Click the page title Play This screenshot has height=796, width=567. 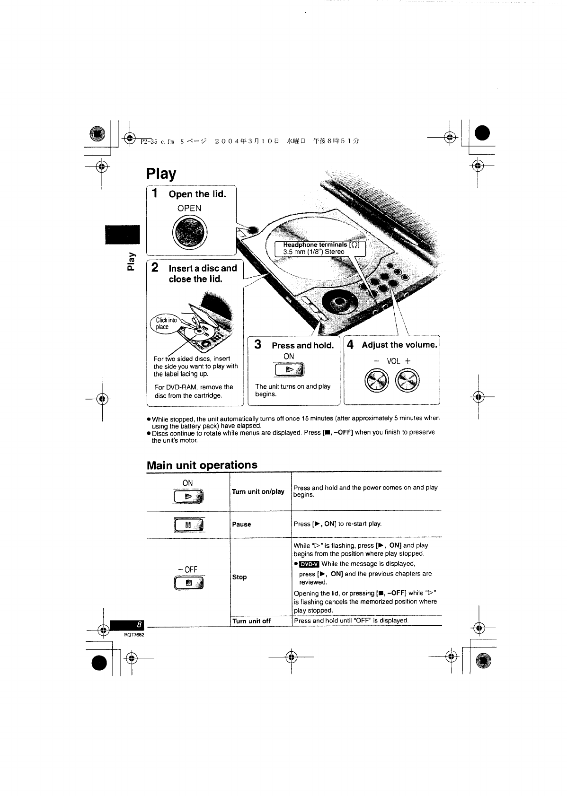coord(161,174)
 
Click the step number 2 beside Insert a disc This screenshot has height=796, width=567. coord(155,268)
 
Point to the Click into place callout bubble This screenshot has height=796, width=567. coord(164,324)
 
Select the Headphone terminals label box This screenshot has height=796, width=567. coord(321,248)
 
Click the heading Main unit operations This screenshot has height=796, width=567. coord(202,465)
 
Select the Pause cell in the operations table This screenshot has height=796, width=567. coord(241,524)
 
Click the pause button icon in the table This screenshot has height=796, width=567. coord(189,525)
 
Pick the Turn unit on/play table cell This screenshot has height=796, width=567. coord(258,491)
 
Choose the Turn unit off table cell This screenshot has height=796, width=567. coord(251,621)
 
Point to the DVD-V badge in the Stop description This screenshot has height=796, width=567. coord(310,564)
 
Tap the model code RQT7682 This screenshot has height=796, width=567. coord(134,635)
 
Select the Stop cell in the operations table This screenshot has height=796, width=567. coord(239,577)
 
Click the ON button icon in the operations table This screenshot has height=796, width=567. coord(188,496)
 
